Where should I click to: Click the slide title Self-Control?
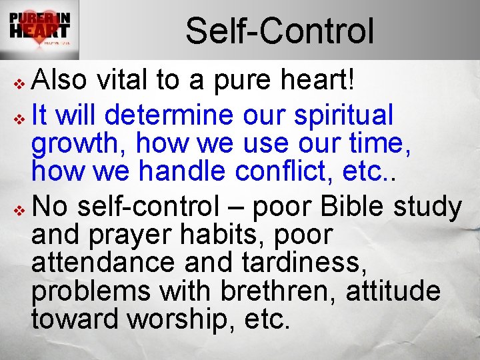(x=279, y=31)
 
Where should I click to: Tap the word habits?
(x=203, y=235)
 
